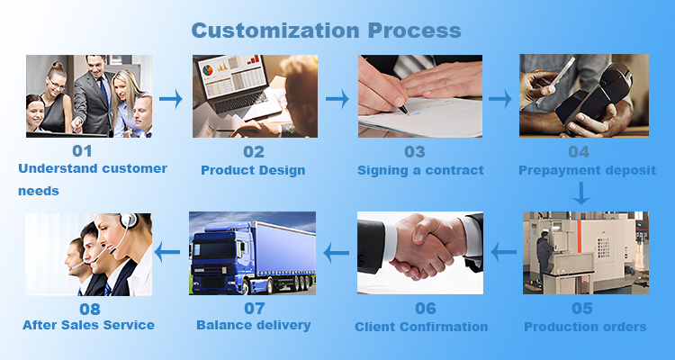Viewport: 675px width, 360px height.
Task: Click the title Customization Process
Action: pyautogui.click(x=326, y=30)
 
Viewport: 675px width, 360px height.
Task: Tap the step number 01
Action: pyautogui.click(x=82, y=151)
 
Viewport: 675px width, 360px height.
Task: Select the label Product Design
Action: pyautogui.click(x=253, y=170)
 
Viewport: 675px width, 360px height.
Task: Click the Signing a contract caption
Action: pyautogui.click(x=420, y=170)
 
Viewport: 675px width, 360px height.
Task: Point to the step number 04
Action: pyautogui.click(x=579, y=151)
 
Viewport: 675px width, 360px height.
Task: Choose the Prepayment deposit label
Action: pyautogui.click(x=587, y=170)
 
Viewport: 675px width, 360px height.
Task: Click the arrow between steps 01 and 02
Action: pyautogui.click(x=171, y=97)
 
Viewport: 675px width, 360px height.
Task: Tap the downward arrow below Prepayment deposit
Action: pyautogui.click(x=583, y=192)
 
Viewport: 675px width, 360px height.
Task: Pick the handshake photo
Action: pyautogui.click(x=420, y=253)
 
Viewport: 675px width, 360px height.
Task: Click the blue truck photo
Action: pyautogui.click(x=252, y=254)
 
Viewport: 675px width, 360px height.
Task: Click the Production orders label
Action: pyautogui.click(x=585, y=327)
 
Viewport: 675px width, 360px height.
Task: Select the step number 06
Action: pyautogui.click(x=420, y=308)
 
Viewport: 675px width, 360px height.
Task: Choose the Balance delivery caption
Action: pyautogui.click(x=253, y=325)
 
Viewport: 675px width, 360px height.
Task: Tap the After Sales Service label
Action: pyautogui.click(x=87, y=325)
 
